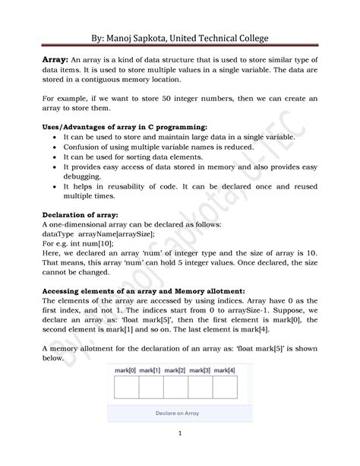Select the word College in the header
pyautogui.click(x=245, y=37)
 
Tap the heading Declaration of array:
pyautogui.click(x=79, y=215)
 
